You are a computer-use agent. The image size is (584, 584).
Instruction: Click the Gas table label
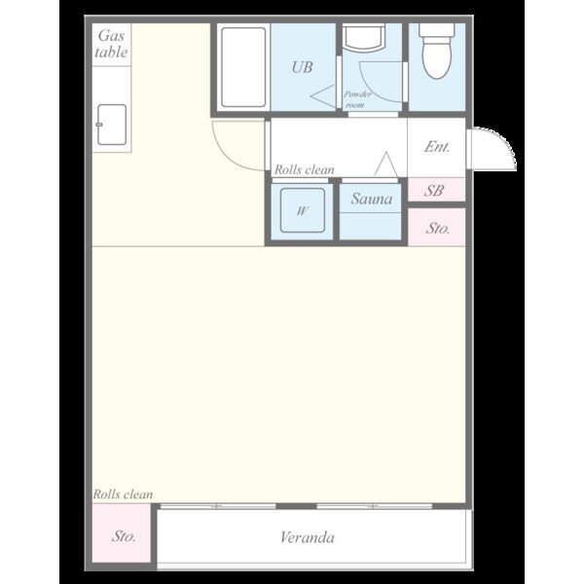(x=111, y=44)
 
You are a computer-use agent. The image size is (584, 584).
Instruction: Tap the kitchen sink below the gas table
(x=112, y=125)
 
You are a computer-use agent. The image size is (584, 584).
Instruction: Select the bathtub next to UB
(x=243, y=67)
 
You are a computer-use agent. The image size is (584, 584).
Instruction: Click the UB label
(x=302, y=67)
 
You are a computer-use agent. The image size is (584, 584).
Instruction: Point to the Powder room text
(x=357, y=99)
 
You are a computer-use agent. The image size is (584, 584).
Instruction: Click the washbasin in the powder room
(x=364, y=38)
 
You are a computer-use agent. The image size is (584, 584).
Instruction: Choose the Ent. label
(x=437, y=147)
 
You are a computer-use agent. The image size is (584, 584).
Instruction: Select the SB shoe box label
(x=434, y=191)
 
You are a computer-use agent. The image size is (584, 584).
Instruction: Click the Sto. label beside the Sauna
(x=438, y=228)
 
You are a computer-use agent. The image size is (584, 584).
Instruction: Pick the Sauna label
(x=372, y=199)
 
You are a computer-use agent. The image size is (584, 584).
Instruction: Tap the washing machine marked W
(x=303, y=210)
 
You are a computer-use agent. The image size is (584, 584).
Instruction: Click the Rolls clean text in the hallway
(x=305, y=169)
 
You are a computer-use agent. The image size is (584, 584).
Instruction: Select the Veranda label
(x=308, y=537)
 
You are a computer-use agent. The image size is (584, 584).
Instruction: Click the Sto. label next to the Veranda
(x=124, y=536)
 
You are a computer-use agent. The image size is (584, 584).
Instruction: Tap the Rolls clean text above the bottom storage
(x=123, y=494)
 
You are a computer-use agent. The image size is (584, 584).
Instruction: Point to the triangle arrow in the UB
(x=323, y=96)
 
